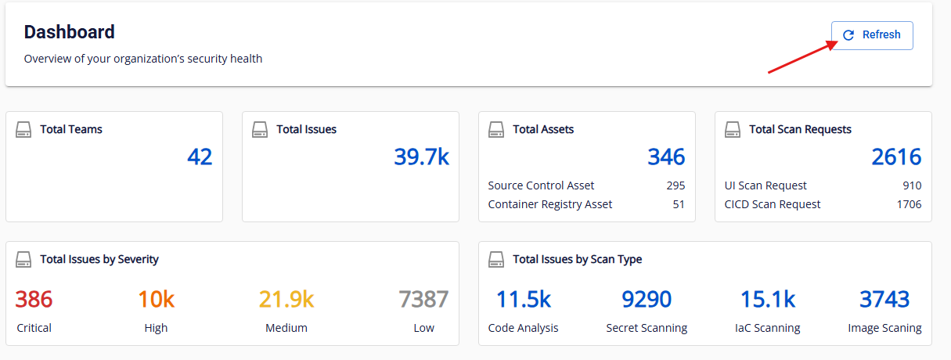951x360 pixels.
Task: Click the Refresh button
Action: [x=872, y=35]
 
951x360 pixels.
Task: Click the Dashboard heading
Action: [x=70, y=32]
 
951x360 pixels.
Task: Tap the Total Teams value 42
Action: [x=200, y=157]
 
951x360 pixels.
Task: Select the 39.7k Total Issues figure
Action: [x=421, y=157]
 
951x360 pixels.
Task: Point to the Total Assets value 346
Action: [x=666, y=157]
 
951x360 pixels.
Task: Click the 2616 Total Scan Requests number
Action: [x=896, y=157]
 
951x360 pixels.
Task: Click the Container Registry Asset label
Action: [x=550, y=204]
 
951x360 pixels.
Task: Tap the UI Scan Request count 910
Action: [x=911, y=185]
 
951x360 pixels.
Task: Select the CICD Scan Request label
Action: [x=773, y=204]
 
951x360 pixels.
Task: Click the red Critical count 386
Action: [x=34, y=299]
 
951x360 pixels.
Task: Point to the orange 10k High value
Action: [x=156, y=299]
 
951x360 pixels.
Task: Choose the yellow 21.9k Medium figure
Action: [x=286, y=299]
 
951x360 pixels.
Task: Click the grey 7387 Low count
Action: [x=423, y=299]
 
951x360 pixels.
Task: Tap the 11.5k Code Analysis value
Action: [x=523, y=299]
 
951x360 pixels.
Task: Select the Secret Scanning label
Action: [x=647, y=328]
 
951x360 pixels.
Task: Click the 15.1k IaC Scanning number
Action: [x=768, y=299]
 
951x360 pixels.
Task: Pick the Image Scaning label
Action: [x=884, y=328]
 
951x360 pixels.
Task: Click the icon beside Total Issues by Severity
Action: [x=23, y=259]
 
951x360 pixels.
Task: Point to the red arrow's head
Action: [x=832, y=44]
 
